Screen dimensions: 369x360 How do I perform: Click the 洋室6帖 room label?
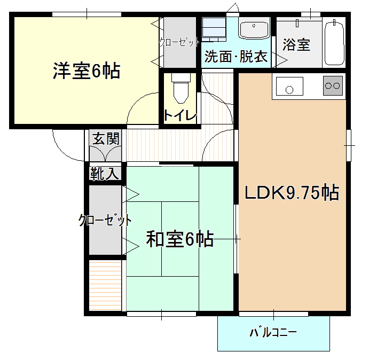(87, 71)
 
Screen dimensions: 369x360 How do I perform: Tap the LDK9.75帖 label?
(292, 193)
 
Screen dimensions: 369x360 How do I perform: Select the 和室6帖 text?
(180, 239)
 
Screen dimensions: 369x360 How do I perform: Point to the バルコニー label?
(273, 333)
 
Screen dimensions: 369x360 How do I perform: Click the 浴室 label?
(296, 44)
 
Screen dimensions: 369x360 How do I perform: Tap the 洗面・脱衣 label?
(236, 57)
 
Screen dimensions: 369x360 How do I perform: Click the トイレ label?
(180, 115)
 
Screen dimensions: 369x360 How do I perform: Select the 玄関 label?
(106, 139)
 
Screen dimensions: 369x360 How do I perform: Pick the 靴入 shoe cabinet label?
(105, 174)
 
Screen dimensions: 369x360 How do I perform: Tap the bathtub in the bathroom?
(334, 43)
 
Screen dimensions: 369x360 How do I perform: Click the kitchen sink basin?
(289, 86)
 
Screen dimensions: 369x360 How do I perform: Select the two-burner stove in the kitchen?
(333, 85)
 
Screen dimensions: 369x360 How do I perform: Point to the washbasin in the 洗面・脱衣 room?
(254, 30)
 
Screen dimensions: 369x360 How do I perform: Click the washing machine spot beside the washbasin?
(214, 28)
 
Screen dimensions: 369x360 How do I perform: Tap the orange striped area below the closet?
(105, 285)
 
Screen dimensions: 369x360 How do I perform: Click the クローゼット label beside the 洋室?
(179, 43)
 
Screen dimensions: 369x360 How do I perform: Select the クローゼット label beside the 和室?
(105, 220)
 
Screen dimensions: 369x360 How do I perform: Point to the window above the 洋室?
(87, 14)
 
